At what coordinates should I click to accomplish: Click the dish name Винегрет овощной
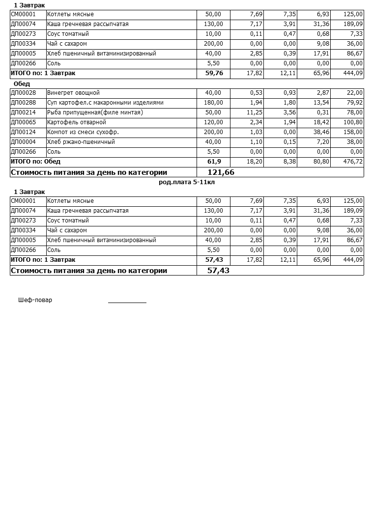coord(73,93)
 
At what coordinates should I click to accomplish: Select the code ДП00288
coord(23,103)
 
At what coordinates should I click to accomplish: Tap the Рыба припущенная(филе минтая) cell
coord(95,112)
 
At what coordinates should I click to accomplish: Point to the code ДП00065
coord(23,122)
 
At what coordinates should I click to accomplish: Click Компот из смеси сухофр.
coord(83,132)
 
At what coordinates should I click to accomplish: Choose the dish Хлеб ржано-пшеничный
coord(81,142)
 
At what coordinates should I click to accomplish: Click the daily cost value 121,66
coord(221,172)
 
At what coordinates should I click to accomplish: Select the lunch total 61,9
coord(214,162)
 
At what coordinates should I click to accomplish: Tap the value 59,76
coord(214,73)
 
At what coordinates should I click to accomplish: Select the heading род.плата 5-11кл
coord(187,182)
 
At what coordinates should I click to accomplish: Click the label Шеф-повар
coord(35,300)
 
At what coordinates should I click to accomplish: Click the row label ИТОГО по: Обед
coord(35,162)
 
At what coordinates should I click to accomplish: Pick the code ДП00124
coord(23,132)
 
